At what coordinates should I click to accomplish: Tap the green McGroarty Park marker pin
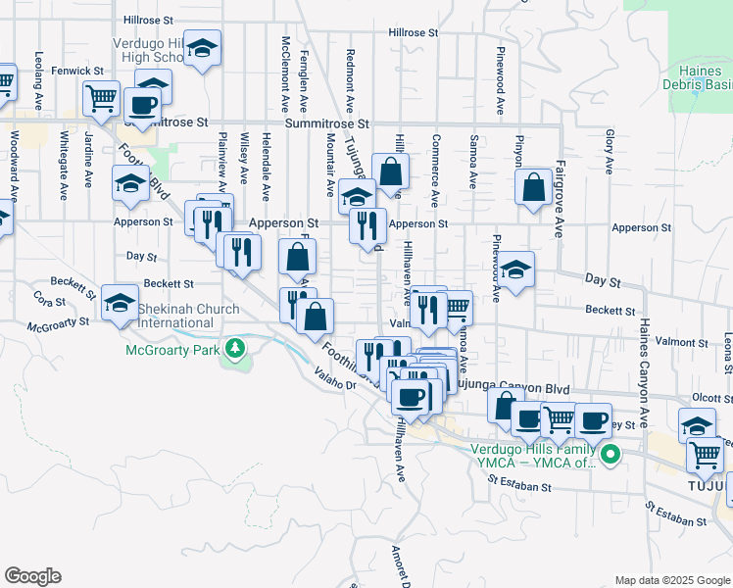coord(234,348)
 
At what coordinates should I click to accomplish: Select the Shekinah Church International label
coord(188,316)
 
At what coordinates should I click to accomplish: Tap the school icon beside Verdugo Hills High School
coord(202,48)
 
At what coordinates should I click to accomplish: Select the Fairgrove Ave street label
coord(560,199)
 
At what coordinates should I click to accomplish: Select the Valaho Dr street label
coord(335,380)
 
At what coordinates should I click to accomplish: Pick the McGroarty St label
coord(59,324)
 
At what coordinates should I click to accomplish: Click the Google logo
coord(32,576)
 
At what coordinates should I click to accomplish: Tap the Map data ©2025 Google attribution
coord(671,580)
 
